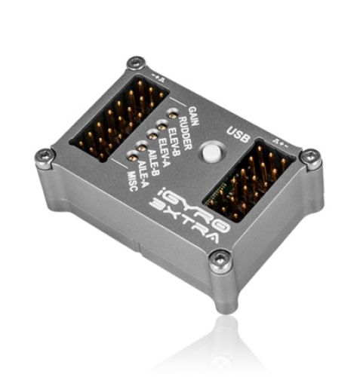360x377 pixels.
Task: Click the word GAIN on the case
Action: pos(194,116)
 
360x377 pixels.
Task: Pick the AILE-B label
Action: pos(152,162)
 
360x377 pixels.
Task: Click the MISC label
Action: pos(132,181)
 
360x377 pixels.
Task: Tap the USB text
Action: pos(238,135)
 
